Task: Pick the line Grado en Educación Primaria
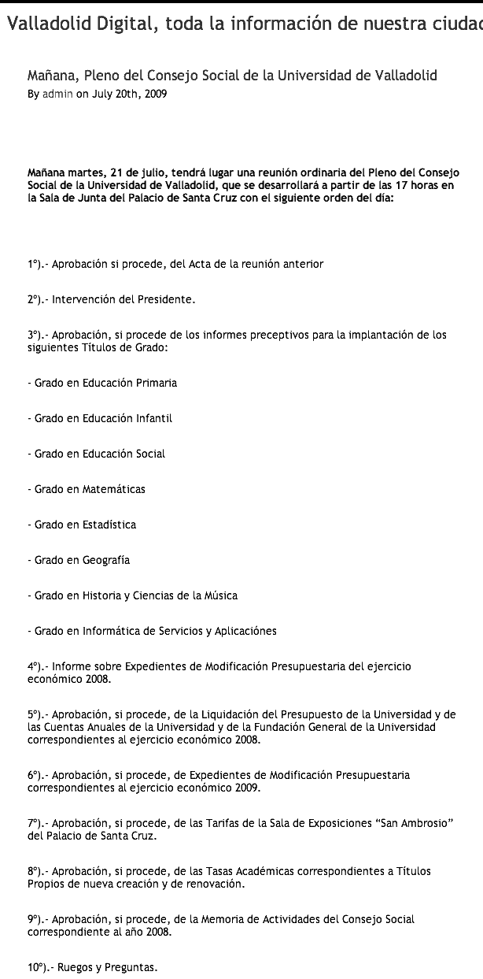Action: click(x=102, y=383)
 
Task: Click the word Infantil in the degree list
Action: click(x=154, y=418)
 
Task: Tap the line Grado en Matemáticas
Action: click(x=87, y=489)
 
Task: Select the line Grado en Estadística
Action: click(x=82, y=525)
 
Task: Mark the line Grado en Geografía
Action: click(x=79, y=560)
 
